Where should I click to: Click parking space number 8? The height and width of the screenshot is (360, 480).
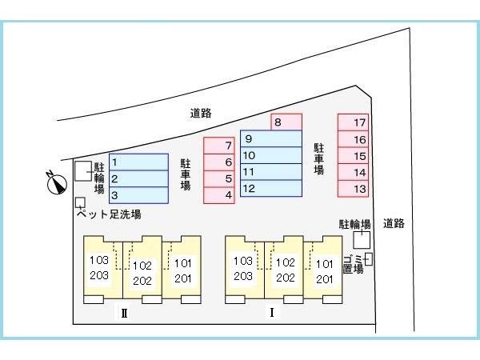click(x=286, y=122)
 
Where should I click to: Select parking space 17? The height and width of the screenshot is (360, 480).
click(x=353, y=122)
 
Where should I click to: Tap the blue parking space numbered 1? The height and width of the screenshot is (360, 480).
click(x=138, y=162)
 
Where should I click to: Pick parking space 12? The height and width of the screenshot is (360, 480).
click(x=271, y=188)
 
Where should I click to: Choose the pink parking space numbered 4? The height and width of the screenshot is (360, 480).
click(x=219, y=195)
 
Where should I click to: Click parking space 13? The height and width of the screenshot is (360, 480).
click(x=353, y=189)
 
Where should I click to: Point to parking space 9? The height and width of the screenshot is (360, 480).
click(x=271, y=138)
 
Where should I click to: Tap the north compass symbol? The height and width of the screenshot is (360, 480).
click(x=57, y=183)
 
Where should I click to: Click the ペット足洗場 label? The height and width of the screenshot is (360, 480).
click(x=109, y=214)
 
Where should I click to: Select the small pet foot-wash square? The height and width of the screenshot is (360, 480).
click(x=80, y=202)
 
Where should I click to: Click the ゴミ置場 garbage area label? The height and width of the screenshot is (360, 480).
click(x=354, y=264)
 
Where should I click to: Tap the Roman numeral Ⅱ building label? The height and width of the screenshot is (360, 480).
click(x=124, y=314)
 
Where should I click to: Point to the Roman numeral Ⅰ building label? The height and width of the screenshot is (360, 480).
click(x=271, y=312)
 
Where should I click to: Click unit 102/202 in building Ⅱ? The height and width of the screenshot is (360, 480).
click(x=142, y=270)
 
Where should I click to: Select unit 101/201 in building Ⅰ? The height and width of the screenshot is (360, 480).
click(x=323, y=270)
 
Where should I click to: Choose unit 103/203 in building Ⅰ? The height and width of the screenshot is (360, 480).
click(x=245, y=270)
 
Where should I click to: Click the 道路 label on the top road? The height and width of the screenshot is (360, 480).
click(x=201, y=114)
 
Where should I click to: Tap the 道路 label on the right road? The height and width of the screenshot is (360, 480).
click(x=394, y=223)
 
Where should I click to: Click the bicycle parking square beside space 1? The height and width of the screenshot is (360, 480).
click(x=83, y=171)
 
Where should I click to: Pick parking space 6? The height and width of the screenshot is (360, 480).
click(x=219, y=162)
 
